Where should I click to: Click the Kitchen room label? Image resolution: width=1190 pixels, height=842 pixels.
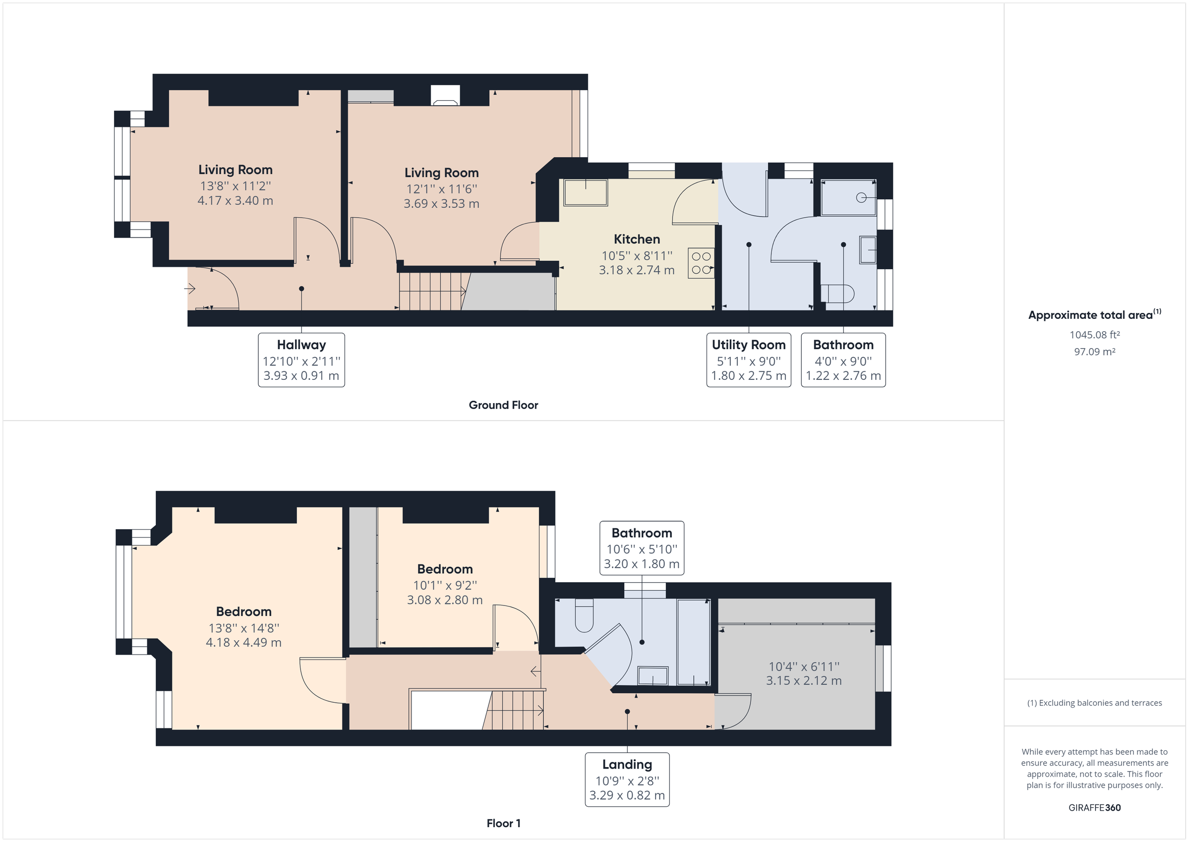tap(637, 239)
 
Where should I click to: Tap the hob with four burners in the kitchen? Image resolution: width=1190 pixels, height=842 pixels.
tap(701, 263)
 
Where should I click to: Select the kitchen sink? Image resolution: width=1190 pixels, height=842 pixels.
tap(586, 193)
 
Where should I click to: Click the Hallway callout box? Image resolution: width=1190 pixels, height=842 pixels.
tap(301, 360)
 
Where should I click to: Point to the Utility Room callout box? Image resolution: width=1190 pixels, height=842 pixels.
tap(748, 360)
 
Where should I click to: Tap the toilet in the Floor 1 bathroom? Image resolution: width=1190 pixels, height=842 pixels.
tap(584, 615)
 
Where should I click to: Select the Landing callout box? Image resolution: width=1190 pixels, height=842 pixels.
tap(627, 779)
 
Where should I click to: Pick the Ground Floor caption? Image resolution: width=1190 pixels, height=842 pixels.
tap(503, 405)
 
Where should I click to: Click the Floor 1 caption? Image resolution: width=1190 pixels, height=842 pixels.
tap(503, 823)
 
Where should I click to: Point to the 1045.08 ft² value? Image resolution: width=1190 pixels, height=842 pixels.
tap(1095, 335)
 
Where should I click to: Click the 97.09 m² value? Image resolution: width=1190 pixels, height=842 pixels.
tap(1095, 352)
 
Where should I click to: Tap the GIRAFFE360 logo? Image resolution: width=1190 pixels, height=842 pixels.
tap(1095, 807)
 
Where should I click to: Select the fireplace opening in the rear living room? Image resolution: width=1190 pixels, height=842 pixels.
tap(445, 96)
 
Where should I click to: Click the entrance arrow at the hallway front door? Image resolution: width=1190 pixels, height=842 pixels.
tap(190, 288)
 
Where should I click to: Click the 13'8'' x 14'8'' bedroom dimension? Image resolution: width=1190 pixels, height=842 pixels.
tap(243, 628)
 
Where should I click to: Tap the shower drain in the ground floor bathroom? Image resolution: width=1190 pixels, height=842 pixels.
tap(861, 197)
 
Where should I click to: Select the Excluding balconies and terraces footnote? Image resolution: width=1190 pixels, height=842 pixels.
tap(1095, 703)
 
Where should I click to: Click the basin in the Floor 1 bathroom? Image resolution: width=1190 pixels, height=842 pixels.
tap(653, 676)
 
